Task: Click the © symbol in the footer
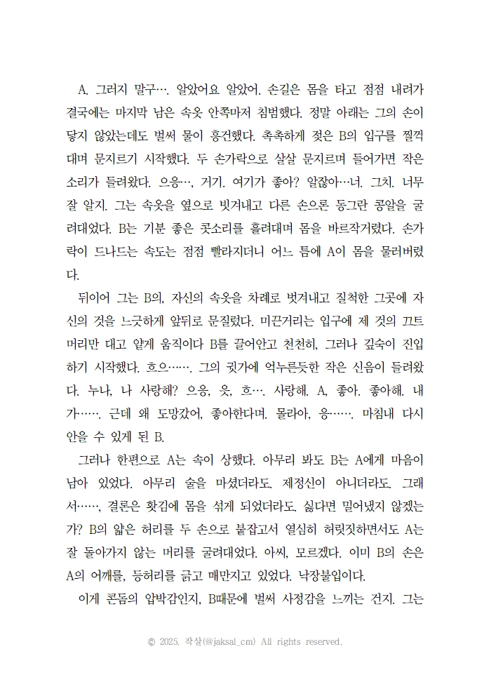click(151, 641)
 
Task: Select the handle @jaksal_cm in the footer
click(227, 641)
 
